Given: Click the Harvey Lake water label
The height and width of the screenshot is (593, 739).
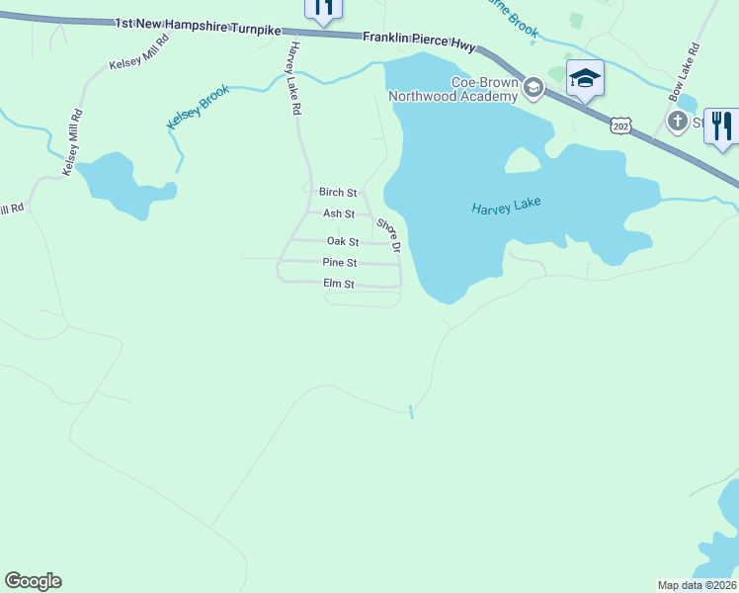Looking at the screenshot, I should pos(507,208).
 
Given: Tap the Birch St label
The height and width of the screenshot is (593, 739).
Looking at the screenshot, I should pos(337,192).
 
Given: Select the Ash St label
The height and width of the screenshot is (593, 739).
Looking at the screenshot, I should pos(339,213).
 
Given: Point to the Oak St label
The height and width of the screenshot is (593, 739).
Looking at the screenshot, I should pos(342,240).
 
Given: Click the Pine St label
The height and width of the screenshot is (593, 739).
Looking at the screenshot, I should pos(339,262).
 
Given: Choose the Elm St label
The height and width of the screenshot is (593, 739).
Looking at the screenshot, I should pos(338,284).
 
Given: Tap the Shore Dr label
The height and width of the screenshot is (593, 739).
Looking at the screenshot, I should pos(387,234).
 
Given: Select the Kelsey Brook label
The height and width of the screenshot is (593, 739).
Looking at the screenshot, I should pos(198,106).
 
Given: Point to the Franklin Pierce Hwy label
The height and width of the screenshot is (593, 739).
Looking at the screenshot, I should pos(419,41).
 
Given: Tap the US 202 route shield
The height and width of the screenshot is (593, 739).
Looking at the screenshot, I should pos(620,125).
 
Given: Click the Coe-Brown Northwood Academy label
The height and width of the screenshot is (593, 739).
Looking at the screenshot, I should pos(453,89).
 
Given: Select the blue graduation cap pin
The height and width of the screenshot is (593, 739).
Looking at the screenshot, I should pos(585,79).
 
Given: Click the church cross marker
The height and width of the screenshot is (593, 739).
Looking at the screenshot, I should pos(677,122).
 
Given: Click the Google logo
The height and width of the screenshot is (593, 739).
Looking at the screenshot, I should pos(33,581).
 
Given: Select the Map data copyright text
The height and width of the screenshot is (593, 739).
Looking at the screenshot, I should pos(698,585).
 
